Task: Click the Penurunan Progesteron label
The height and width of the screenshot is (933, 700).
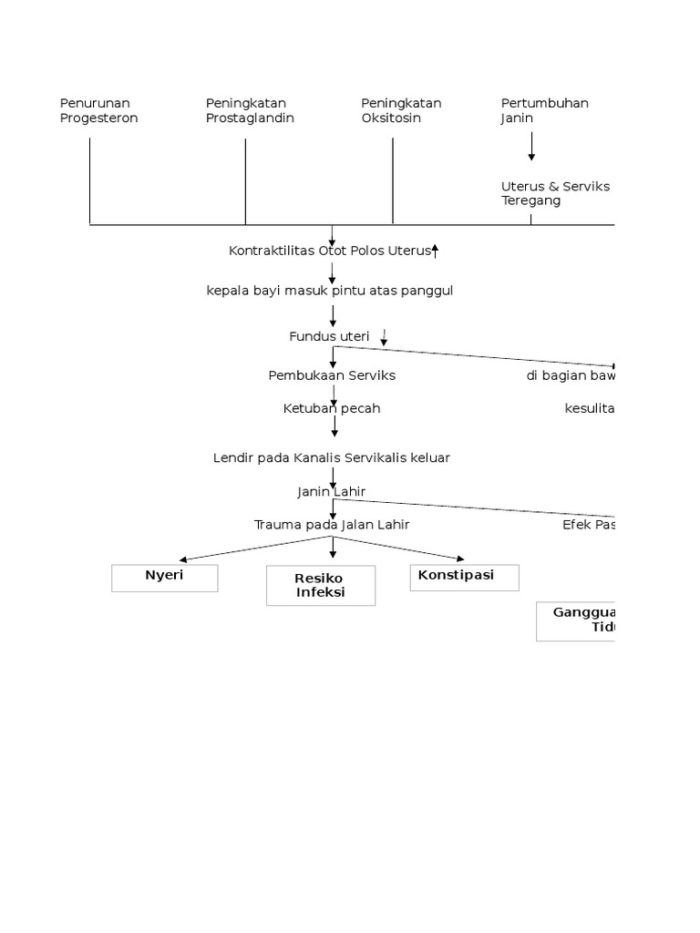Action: pos(98,110)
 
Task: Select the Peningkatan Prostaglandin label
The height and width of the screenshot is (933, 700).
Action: pos(250,110)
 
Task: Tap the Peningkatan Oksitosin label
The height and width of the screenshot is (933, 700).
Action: pos(401,110)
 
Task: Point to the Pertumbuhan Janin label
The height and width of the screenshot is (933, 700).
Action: pos(544,110)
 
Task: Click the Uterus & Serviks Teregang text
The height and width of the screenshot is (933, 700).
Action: pos(555,193)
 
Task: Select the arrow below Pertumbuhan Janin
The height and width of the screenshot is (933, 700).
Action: pos(531,146)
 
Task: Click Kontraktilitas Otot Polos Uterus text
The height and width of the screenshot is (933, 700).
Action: pos(329,251)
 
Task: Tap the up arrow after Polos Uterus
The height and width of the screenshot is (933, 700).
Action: pos(436,251)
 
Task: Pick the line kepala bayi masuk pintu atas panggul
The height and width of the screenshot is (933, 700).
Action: pos(329,291)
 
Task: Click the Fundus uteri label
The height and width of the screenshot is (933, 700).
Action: pos(329,336)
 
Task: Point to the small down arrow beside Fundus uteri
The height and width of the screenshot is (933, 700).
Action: pos(384,338)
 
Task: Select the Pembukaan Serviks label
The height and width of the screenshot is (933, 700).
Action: pos(332,375)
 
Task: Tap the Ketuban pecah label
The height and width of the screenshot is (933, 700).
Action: pos(332,408)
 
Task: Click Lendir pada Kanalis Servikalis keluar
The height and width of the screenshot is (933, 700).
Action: pos(331,458)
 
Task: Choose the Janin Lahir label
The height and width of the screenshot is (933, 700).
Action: pos(332,492)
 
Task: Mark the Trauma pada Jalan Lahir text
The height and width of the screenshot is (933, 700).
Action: pos(332,525)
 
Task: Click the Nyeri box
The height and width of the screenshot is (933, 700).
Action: pos(165,578)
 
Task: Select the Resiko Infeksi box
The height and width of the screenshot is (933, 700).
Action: pos(321,586)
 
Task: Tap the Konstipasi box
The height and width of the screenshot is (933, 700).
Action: pos(464,578)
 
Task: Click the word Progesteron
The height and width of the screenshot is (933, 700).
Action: pos(98,118)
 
